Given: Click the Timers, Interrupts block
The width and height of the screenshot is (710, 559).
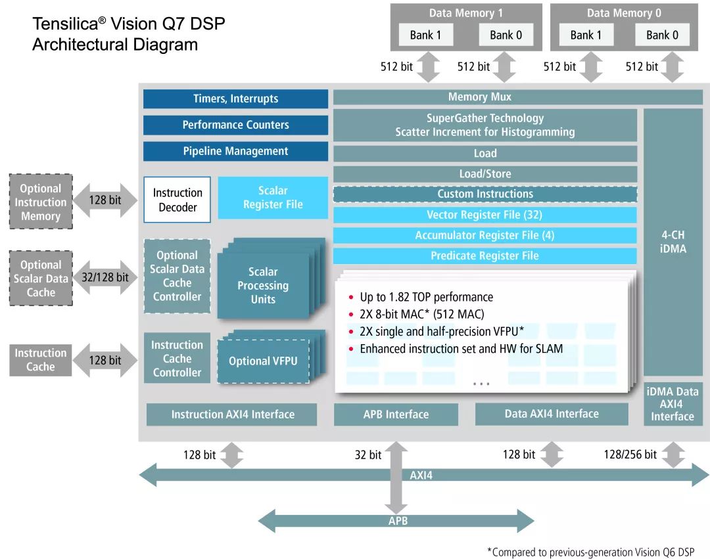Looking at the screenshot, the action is tap(235, 99).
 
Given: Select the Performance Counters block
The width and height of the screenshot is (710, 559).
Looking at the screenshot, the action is tap(235, 125).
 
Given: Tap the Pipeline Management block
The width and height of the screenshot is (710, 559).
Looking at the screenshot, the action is tap(235, 151).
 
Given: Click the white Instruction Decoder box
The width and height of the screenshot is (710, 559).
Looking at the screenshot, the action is tap(177, 200).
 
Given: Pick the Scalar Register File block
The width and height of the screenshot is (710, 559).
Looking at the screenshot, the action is tap(273, 198).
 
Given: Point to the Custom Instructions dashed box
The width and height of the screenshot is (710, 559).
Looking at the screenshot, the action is tap(485, 194).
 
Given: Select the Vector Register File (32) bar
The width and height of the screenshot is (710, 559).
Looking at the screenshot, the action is tap(485, 215).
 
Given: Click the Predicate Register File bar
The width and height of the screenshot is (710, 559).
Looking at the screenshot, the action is tap(485, 256).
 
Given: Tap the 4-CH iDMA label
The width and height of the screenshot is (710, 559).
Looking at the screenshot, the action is tap(673, 242).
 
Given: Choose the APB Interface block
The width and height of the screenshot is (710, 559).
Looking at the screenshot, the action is tap(396, 414).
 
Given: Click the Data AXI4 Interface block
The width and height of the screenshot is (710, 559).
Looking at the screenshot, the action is tap(552, 414).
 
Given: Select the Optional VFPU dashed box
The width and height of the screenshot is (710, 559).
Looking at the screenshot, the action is tap(263, 361).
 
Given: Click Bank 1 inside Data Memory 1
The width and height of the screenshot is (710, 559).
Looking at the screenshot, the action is tap(425, 35).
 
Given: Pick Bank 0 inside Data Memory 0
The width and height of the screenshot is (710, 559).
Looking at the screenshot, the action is tap(662, 35).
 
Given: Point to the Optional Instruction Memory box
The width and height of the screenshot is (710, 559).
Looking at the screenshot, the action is tap(41, 201).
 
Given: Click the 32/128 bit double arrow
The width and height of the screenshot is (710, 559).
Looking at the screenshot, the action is tap(105, 277).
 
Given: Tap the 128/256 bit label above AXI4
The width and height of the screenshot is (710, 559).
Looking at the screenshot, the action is tap(630, 454).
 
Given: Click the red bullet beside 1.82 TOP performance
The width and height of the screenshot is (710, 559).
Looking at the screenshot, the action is tap(351, 297).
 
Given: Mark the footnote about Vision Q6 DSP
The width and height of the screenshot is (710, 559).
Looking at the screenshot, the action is tap(590, 552).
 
